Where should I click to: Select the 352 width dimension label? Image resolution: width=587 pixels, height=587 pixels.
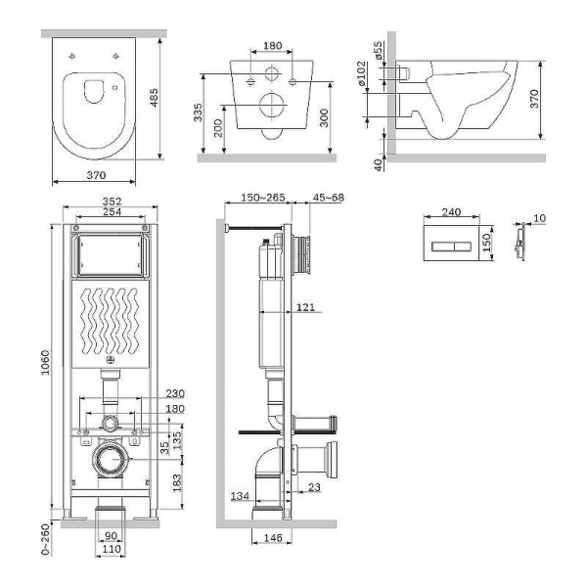click(x=110, y=203)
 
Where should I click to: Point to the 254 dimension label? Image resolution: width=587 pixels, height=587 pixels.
click(x=110, y=214)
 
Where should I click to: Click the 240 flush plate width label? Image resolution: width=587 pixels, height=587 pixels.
click(x=450, y=211)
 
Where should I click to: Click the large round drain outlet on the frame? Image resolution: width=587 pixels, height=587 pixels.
click(x=110, y=460)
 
